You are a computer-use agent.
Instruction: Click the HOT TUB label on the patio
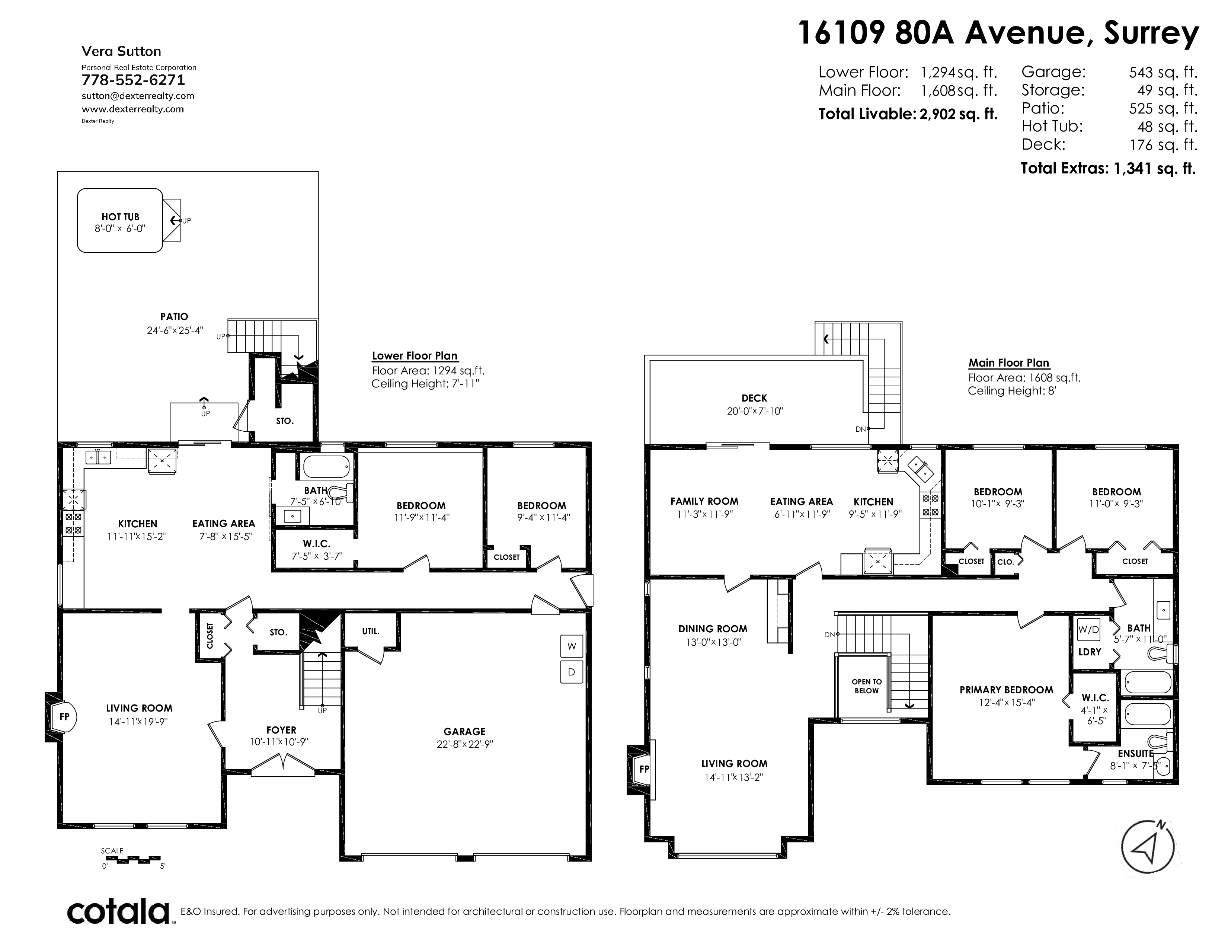click(x=120, y=217)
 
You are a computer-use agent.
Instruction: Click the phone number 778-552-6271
click(x=133, y=80)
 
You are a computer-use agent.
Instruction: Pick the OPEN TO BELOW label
click(x=866, y=686)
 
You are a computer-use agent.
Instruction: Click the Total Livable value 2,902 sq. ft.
click(x=958, y=114)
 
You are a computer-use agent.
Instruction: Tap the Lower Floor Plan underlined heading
click(x=415, y=356)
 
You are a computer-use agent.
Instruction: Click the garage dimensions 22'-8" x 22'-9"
click(x=464, y=744)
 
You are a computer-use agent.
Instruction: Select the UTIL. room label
click(x=371, y=631)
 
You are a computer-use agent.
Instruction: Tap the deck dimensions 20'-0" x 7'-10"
click(x=755, y=411)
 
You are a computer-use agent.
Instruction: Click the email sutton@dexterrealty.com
click(x=138, y=96)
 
